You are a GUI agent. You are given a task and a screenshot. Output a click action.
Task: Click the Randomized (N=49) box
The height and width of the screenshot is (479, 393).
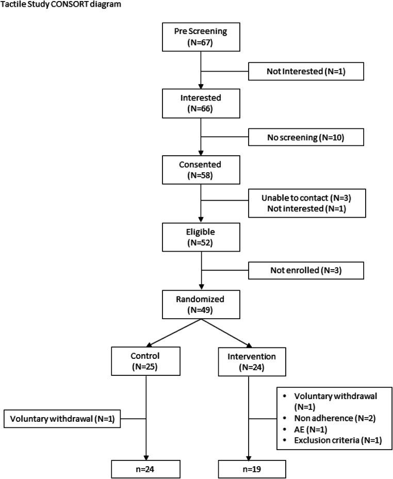200,304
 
